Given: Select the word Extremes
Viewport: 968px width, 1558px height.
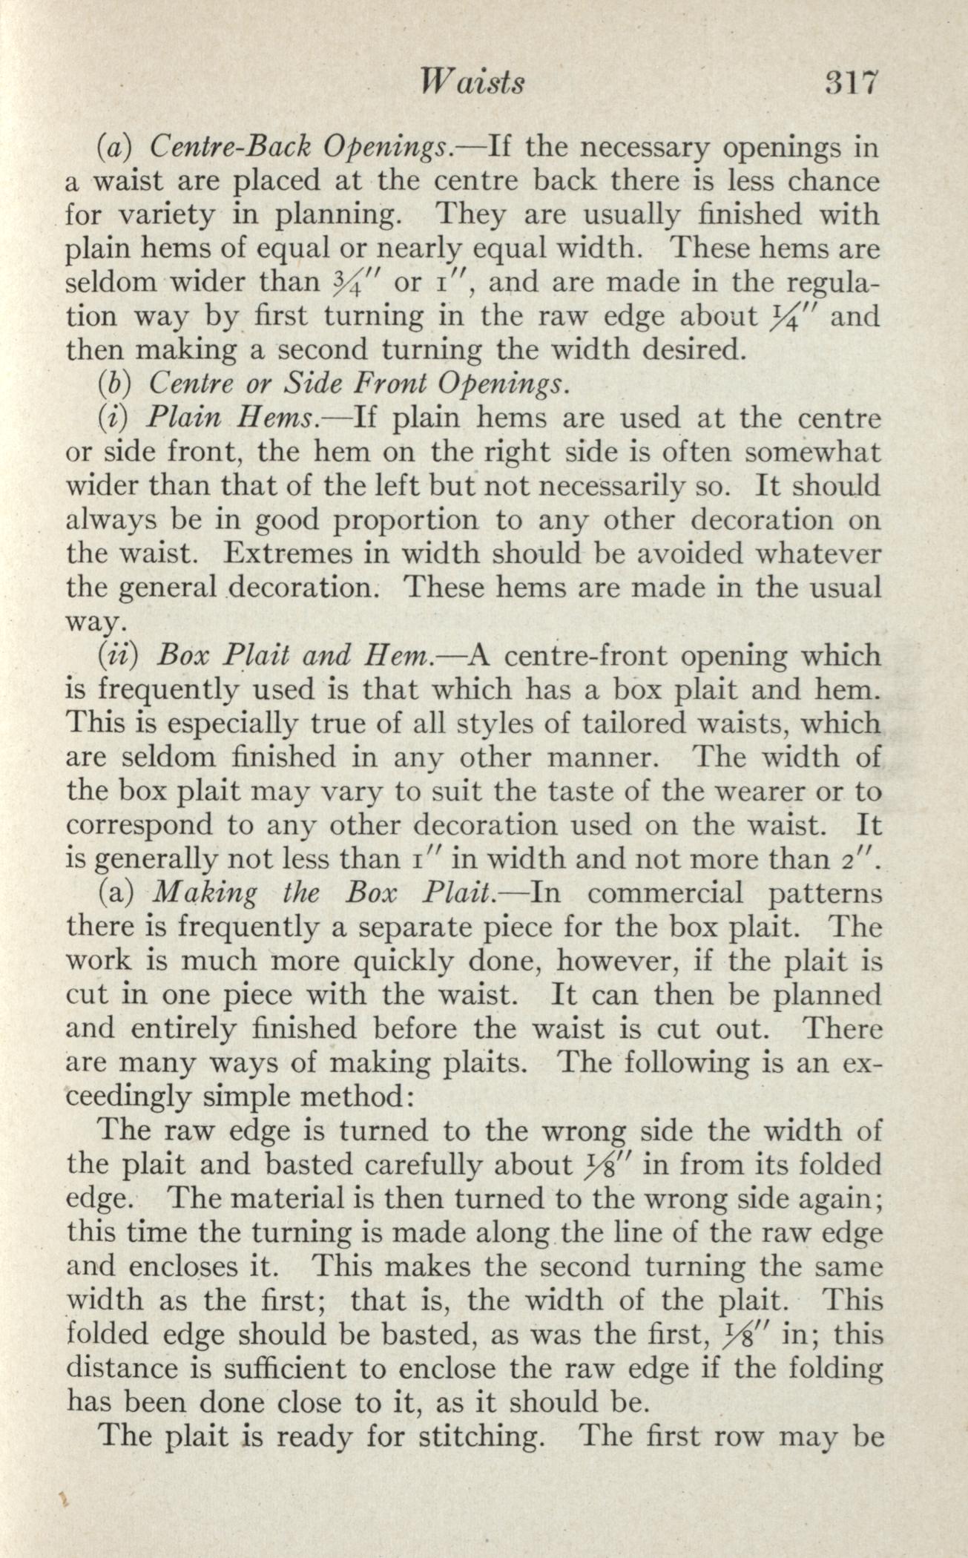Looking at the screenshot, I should pos(278,554).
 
